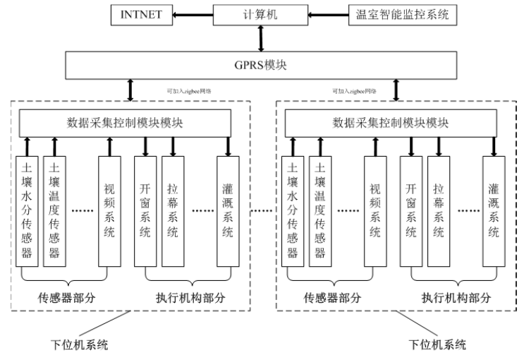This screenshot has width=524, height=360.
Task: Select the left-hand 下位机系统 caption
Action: point(78,344)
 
